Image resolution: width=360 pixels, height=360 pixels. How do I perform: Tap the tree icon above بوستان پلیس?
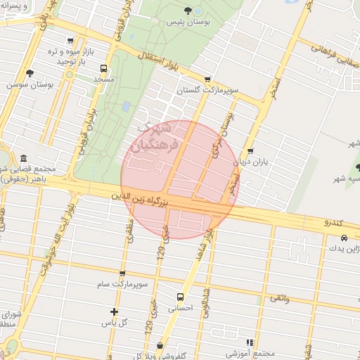click(x=188, y=10)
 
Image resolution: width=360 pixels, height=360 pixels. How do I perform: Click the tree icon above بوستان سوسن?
click(x=30, y=72)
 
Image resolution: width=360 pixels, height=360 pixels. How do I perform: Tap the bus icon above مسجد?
click(x=104, y=69)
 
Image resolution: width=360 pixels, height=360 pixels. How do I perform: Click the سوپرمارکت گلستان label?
click(x=207, y=91)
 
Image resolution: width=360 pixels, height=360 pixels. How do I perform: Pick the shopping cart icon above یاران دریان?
click(x=251, y=151)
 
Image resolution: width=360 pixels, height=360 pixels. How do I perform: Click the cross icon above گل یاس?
click(x=114, y=311)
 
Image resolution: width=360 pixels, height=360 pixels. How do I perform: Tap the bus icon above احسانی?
click(x=180, y=297)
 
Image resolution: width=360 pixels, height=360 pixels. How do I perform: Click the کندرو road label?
click(x=332, y=222)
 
